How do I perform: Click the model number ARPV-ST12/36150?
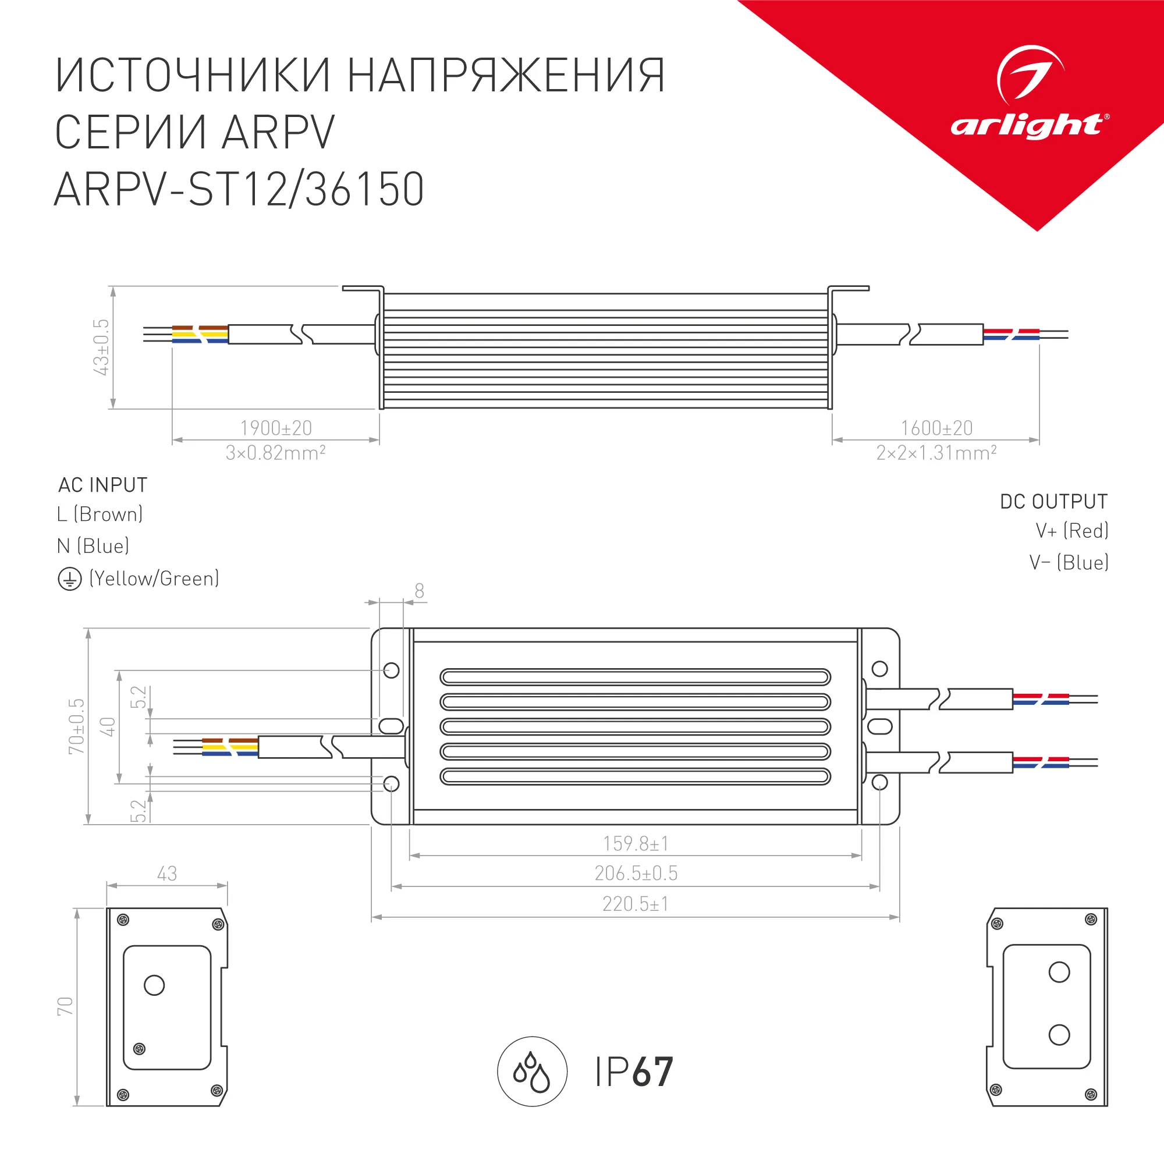(x=239, y=190)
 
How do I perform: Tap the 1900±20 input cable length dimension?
(x=276, y=428)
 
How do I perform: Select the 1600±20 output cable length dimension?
(x=937, y=428)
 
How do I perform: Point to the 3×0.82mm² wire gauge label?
(x=275, y=453)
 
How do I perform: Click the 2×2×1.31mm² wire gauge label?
(x=936, y=453)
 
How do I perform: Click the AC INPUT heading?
(x=102, y=485)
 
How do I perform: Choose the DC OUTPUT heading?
(x=1054, y=502)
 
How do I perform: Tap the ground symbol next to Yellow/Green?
(x=69, y=580)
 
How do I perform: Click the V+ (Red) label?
(x=1072, y=531)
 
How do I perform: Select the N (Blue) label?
(x=93, y=546)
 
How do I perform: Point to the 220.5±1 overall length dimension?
(x=635, y=904)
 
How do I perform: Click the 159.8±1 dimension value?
(x=636, y=843)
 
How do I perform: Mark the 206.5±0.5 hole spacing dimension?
(x=636, y=874)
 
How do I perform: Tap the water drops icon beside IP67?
(x=532, y=1072)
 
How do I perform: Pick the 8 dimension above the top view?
(x=419, y=591)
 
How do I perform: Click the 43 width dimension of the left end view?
(x=167, y=874)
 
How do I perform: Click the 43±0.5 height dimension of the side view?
(x=101, y=347)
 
